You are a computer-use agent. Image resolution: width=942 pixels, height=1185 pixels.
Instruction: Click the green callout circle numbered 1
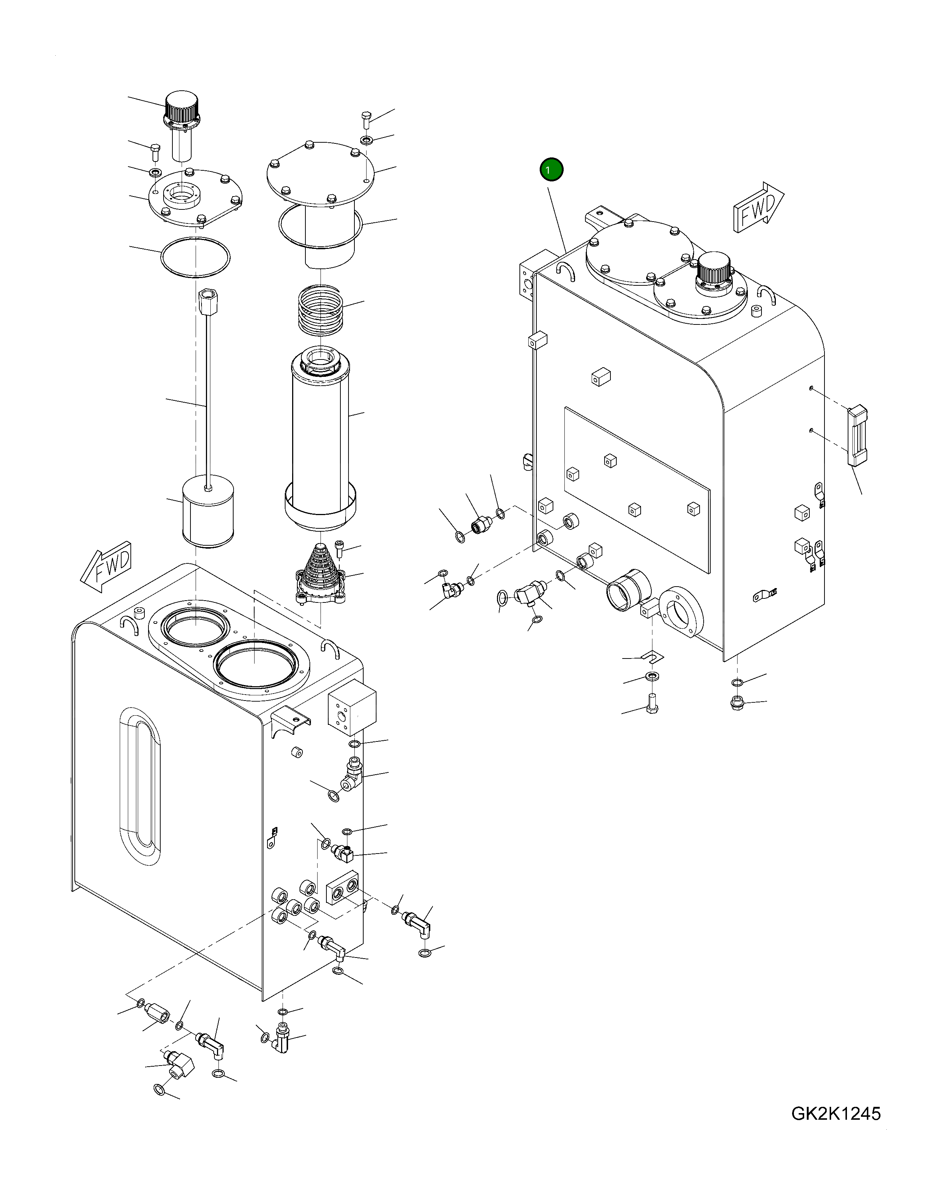551,170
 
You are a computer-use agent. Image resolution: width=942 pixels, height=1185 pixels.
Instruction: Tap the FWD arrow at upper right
759,207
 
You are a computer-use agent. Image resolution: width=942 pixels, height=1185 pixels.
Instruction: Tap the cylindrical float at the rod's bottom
208,511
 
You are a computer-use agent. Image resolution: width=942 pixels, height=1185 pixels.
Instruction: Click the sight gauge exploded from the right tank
857,435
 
